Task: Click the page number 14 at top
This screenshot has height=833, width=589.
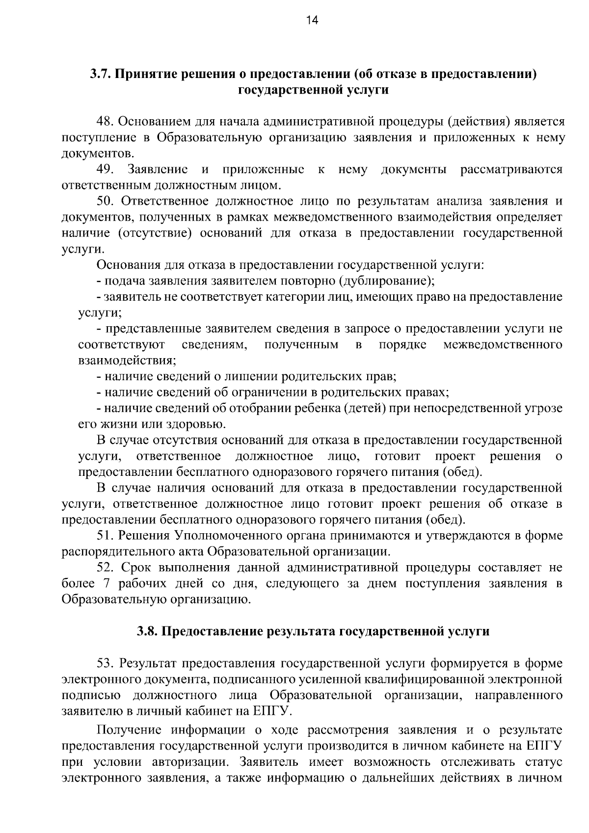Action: (312, 20)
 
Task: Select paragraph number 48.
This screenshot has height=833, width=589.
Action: (106, 121)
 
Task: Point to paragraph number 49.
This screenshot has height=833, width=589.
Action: (106, 170)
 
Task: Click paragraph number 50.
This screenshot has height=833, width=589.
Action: (106, 202)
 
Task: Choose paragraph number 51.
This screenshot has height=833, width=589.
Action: (106, 536)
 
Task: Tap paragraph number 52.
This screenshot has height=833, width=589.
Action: (106, 568)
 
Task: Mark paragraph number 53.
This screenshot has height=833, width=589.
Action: (106, 664)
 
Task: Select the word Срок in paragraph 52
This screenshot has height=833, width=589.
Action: (136, 568)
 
